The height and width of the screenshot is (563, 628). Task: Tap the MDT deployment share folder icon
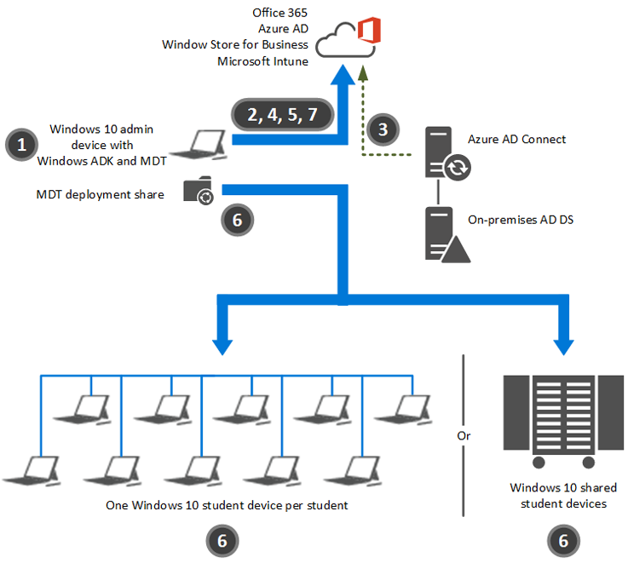coord(198,192)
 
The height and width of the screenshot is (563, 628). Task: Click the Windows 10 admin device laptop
coord(209,145)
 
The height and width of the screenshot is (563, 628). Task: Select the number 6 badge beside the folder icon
coord(237,219)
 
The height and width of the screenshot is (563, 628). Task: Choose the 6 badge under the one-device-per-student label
coord(222,539)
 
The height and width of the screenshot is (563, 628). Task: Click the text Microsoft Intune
coord(262,60)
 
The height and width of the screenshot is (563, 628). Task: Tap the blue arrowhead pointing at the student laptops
coord(222,344)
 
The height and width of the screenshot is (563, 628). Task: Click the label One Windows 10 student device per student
coord(227,505)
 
